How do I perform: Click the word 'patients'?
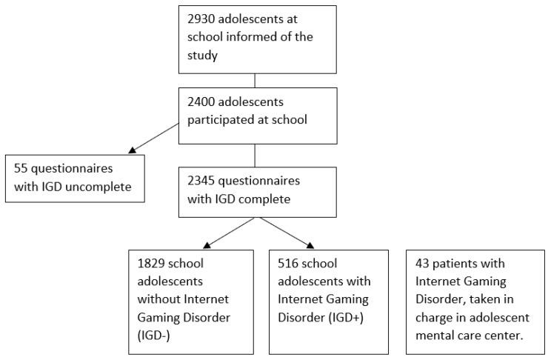point(458,264)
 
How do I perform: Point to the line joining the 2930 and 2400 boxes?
point(256,79)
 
